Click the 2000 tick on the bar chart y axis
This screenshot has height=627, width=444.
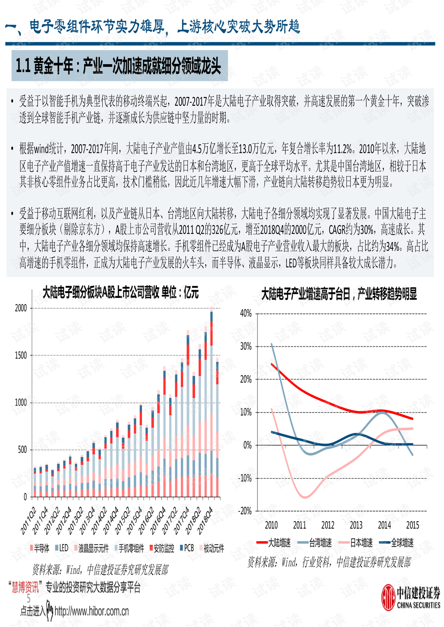(x=21, y=308)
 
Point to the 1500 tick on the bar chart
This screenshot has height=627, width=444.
(x=21, y=355)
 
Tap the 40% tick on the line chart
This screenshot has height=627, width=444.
(x=246, y=313)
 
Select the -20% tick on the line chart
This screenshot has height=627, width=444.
(x=245, y=511)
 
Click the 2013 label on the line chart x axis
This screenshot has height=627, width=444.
(x=356, y=525)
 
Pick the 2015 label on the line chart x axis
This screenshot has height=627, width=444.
(x=413, y=525)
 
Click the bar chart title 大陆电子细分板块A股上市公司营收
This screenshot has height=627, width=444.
(x=120, y=292)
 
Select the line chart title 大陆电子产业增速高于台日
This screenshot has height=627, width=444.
(x=339, y=294)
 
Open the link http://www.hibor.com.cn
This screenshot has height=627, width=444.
(x=92, y=612)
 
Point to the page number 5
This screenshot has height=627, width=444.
(x=28, y=599)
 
